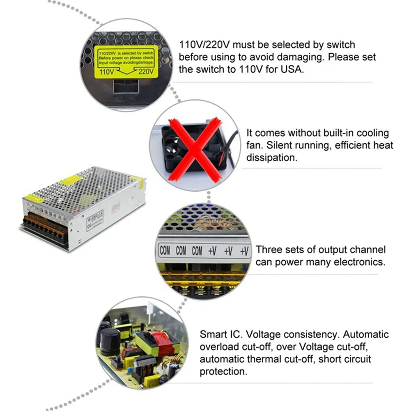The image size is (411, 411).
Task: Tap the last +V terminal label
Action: click(x=244, y=251)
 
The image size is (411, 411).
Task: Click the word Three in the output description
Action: click(x=269, y=250)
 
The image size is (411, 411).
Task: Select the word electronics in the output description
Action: click(x=363, y=262)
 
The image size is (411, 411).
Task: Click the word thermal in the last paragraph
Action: click(x=271, y=359)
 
